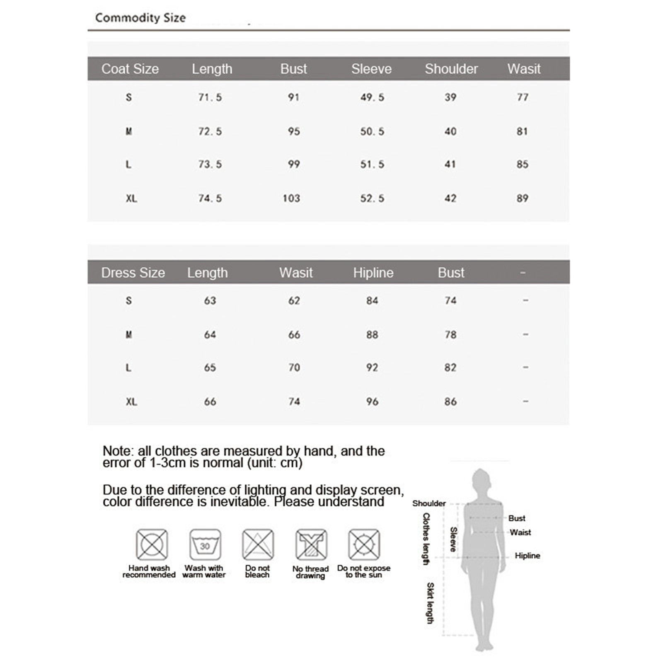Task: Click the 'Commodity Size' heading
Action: click(140, 18)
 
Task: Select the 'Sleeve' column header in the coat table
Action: click(371, 69)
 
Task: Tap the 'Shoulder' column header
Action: click(451, 69)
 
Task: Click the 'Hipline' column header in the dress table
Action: click(373, 273)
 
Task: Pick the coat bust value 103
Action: click(291, 198)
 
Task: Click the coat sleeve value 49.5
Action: click(372, 97)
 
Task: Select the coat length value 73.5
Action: click(210, 165)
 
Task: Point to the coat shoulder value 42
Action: click(450, 198)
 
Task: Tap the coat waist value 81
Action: click(522, 131)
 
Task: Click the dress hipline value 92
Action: click(372, 368)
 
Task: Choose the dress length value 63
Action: click(210, 300)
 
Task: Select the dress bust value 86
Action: click(450, 402)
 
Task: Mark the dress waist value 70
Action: click(294, 368)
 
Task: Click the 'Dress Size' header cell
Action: click(133, 273)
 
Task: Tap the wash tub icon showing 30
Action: click(205, 544)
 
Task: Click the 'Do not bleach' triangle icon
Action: click(258, 544)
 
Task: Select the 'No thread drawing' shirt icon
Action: click(311, 544)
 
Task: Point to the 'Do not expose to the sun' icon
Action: click(364, 544)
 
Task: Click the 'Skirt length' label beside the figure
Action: click(431, 603)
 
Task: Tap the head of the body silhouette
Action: click(481, 481)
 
